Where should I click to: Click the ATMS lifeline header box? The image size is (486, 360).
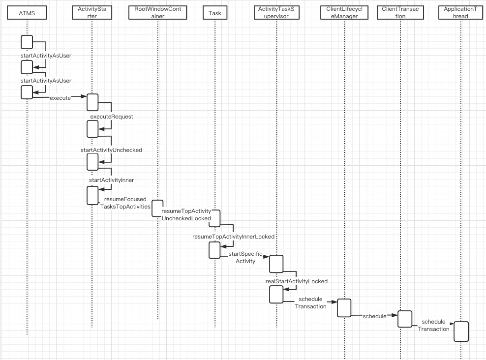(27, 13)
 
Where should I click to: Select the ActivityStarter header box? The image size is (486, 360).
(91, 13)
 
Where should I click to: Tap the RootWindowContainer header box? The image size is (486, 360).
(157, 13)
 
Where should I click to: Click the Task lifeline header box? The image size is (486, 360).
(215, 13)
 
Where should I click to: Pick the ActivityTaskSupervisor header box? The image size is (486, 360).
(276, 13)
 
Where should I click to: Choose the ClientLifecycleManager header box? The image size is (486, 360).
(344, 13)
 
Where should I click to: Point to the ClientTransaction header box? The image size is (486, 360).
(400, 13)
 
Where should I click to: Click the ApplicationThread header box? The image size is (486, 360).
(461, 13)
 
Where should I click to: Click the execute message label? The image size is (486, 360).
(60, 98)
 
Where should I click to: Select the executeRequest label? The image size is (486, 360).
(112, 117)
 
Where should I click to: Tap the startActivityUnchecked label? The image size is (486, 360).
(111, 150)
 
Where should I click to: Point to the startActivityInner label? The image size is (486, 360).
(111, 180)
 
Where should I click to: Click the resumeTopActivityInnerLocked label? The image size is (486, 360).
(233, 237)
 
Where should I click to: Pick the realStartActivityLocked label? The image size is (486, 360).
(297, 281)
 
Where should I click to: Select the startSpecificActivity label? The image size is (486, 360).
(245, 257)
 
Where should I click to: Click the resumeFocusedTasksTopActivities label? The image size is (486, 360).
(125, 203)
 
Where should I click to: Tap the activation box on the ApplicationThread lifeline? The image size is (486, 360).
(461, 331)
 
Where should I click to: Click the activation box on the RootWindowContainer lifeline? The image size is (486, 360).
(157, 208)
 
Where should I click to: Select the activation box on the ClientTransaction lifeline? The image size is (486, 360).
(405, 319)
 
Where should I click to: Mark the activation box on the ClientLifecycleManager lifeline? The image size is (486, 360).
(344, 307)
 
